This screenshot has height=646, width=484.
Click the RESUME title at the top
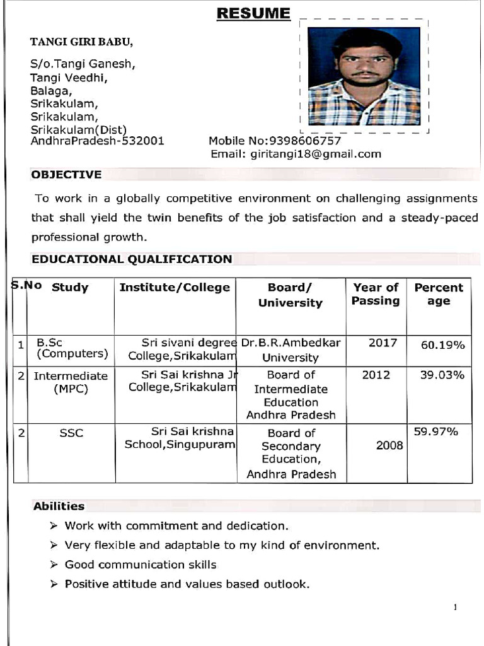(253, 13)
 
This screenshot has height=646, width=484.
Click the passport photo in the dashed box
(364, 76)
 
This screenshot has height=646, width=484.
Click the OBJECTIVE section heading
(66, 175)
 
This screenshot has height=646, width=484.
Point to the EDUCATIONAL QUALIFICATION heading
(132, 259)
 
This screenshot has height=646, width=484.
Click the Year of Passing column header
(376, 294)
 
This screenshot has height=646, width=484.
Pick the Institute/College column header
(175, 288)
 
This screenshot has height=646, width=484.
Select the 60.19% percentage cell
(442, 345)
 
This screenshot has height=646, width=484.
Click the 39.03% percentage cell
(442, 375)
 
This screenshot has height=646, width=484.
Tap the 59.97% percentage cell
(435, 432)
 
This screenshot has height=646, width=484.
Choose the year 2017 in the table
(383, 343)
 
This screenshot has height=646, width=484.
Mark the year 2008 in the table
(389, 445)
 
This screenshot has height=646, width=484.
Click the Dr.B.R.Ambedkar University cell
(291, 350)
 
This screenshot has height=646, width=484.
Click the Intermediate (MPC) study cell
(71, 382)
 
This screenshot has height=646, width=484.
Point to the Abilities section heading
(59, 506)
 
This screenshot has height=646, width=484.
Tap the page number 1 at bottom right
(454, 608)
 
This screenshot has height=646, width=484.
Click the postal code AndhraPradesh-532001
(98, 141)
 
